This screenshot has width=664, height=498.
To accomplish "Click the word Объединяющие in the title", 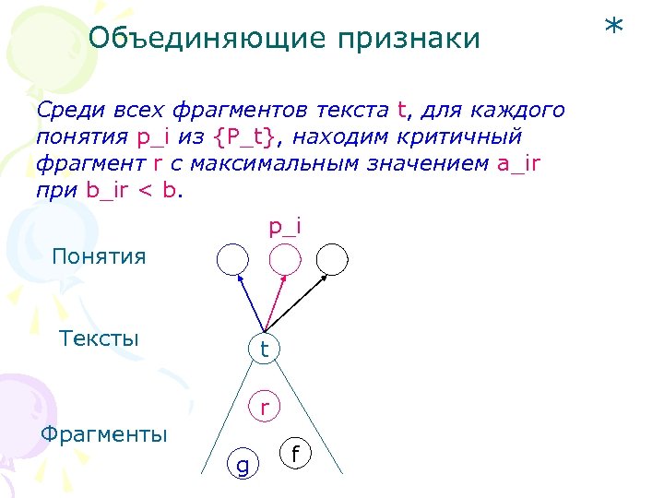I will click(x=207, y=39).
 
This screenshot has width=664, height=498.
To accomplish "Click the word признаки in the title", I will click(x=408, y=39).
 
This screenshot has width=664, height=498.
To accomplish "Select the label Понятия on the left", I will click(x=99, y=255).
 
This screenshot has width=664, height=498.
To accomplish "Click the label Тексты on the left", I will click(x=99, y=338).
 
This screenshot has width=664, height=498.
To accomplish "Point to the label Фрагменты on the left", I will click(x=105, y=433).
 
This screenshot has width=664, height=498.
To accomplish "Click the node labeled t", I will click(x=265, y=349).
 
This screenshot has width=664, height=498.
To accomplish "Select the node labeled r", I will click(x=266, y=405).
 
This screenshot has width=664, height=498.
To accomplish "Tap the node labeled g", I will click(x=242, y=467).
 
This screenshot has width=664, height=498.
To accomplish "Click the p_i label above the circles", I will click(x=285, y=225).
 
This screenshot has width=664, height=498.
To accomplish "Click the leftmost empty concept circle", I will click(x=232, y=260).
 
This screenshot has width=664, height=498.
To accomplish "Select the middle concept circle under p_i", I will click(x=285, y=260).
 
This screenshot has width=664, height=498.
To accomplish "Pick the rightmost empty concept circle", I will click(x=333, y=260).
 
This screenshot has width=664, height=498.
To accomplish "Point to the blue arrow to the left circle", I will click(x=249, y=302).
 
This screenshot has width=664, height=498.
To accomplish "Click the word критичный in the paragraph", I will click(x=462, y=137).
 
